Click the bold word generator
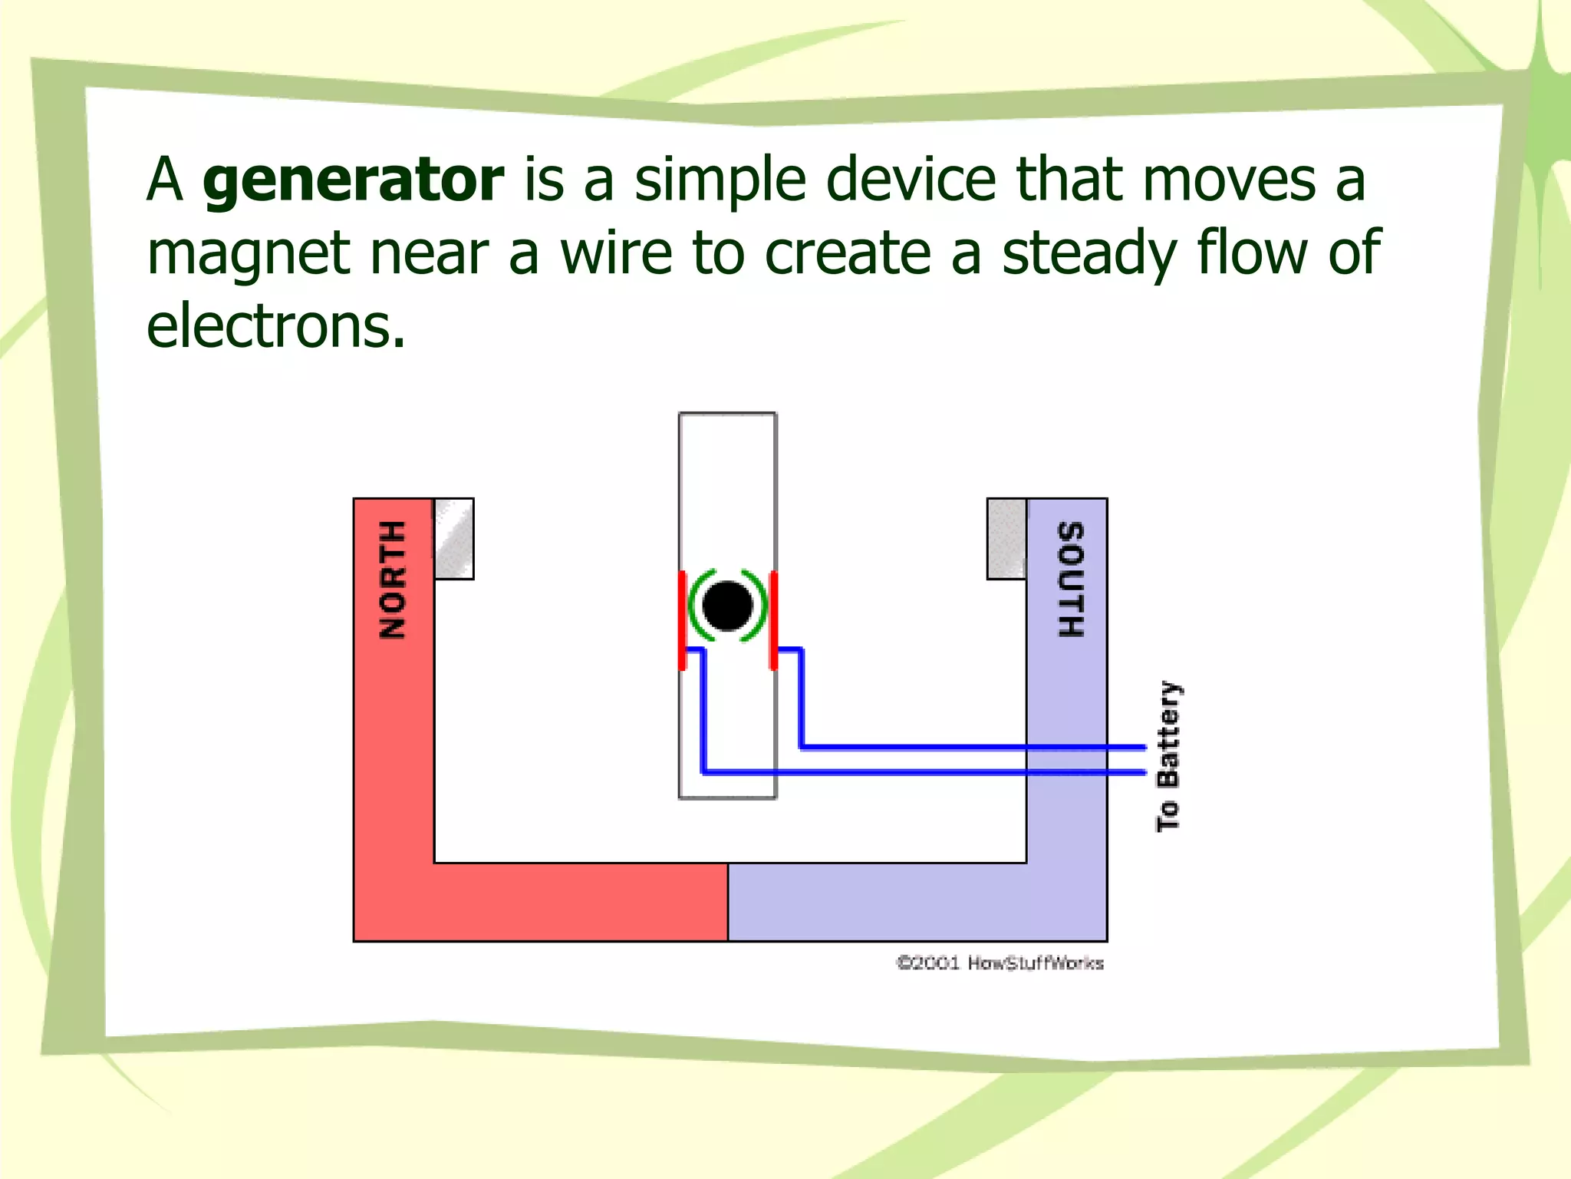[353, 181]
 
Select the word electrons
[275, 326]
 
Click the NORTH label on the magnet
[393, 580]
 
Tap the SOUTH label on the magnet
[1070, 580]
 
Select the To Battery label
[1168, 756]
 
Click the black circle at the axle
[727, 606]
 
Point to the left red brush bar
[682, 620]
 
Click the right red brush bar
[774, 620]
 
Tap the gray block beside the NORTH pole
[454, 539]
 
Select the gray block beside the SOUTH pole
[1006, 539]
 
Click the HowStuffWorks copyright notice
[1000, 963]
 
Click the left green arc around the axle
[695, 606]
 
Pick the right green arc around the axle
[760, 606]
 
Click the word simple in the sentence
[720, 181]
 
